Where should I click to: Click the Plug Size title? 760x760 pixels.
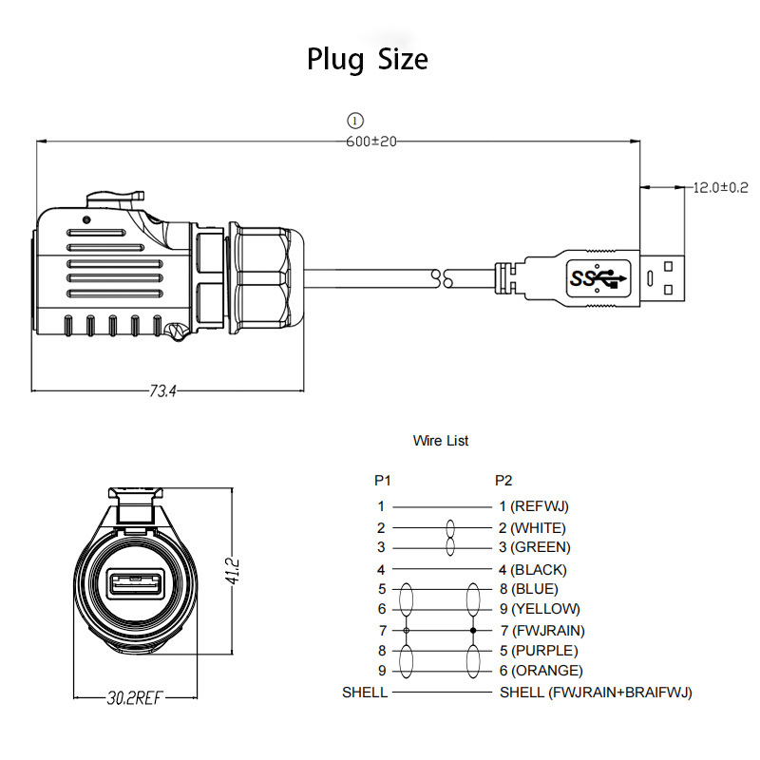(368, 60)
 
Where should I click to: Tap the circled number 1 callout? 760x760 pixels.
(355, 121)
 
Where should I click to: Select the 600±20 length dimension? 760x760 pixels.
(371, 142)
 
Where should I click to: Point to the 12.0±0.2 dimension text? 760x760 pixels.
(720, 187)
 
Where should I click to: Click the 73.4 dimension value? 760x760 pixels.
(162, 390)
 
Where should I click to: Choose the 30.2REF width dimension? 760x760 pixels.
(134, 698)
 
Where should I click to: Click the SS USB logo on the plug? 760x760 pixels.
(598, 278)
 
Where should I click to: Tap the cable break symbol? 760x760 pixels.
(442, 278)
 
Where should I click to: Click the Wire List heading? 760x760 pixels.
(441, 441)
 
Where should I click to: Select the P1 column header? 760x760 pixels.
(383, 481)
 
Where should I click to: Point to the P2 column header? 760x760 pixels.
(503, 481)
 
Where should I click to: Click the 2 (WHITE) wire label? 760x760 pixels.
(533, 528)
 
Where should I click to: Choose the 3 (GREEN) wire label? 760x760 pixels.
(535, 547)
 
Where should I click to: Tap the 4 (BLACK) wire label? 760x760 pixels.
(533, 569)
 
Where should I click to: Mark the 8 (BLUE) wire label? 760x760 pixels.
(529, 589)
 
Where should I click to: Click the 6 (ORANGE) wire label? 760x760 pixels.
(541, 671)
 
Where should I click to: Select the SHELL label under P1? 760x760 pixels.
(365, 693)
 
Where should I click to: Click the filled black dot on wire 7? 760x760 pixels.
(473, 631)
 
